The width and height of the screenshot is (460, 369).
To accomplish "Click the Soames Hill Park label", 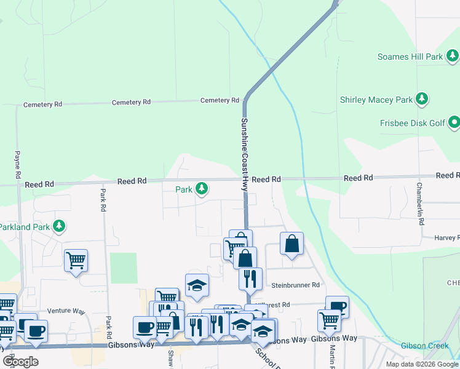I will click(x=409, y=57).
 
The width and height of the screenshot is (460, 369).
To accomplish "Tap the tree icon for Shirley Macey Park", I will click(x=422, y=98).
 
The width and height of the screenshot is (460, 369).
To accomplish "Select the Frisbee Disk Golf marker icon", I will click(x=454, y=123).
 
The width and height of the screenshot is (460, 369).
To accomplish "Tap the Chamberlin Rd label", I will click(x=420, y=203).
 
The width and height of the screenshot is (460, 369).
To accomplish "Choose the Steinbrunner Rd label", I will click(x=296, y=285).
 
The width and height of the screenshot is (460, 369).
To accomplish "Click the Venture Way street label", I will click(x=63, y=311).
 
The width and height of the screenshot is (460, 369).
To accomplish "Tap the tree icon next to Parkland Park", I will click(x=59, y=226).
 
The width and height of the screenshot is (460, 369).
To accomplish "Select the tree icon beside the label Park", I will click(x=202, y=189).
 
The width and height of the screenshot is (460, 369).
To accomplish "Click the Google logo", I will click(x=21, y=361).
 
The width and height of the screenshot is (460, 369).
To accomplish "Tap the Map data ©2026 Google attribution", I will click(x=422, y=364).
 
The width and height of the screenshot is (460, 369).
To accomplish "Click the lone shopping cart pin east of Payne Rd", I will click(x=76, y=260).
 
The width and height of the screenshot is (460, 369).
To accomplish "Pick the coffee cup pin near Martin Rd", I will click(x=337, y=306).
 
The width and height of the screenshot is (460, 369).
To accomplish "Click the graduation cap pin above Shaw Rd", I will click(x=197, y=285).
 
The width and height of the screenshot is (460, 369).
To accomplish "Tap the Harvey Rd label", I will click(x=446, y=237).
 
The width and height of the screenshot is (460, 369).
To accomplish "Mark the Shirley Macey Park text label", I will click(x=377, y=99).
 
